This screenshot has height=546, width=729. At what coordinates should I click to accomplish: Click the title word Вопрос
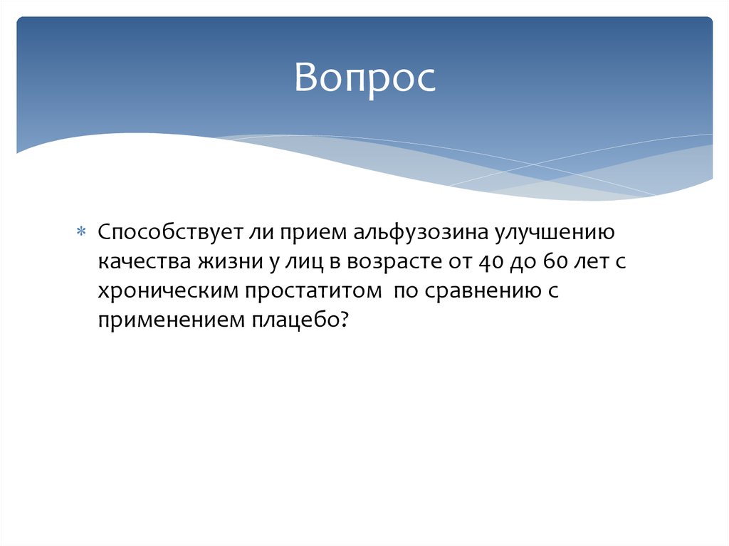[x=364, y=78]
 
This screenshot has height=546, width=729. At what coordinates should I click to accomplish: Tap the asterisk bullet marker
[x=81, y=233]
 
